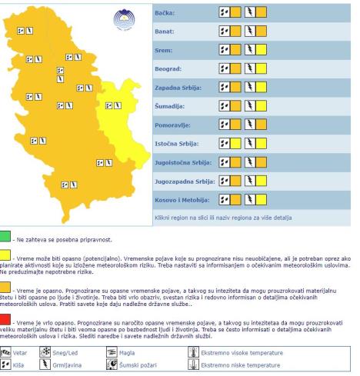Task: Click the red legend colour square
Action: click(x=6, y=318)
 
